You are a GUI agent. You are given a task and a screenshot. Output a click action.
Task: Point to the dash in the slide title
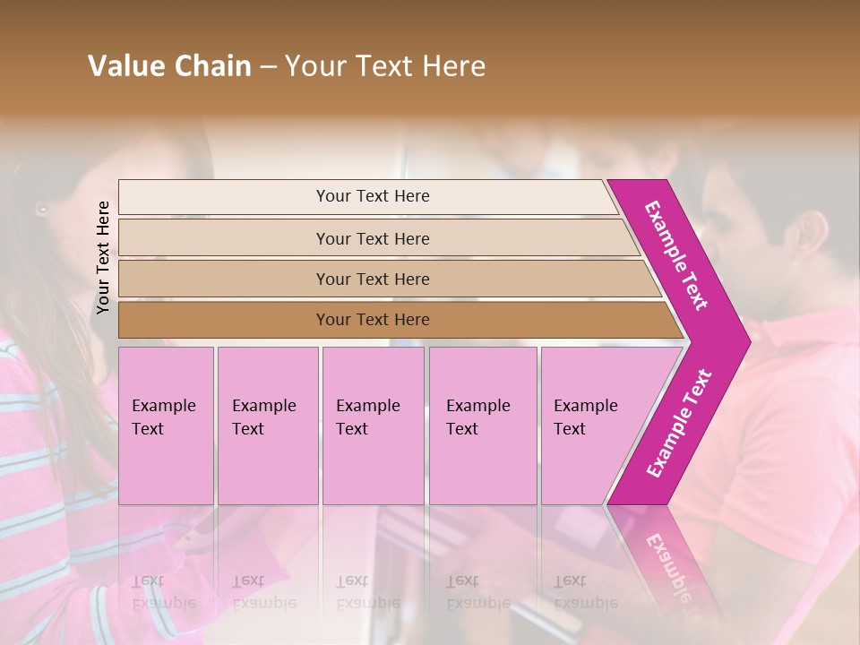[268, 67]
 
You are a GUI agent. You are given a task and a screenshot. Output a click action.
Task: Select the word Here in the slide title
[453, 66]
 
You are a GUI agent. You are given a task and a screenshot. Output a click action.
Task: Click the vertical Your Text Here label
[103, 257]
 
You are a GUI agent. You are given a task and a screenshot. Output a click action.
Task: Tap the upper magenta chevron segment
[678, 255]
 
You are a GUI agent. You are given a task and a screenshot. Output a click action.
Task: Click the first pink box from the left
[166, 426]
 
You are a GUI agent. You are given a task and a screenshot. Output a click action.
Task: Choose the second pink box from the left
[268, 426]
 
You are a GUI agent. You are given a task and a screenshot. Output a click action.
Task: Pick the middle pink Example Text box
[373, 426]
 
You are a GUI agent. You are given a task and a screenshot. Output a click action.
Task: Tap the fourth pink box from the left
[483, 426]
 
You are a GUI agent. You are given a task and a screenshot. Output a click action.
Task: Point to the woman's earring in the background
[41, 211]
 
